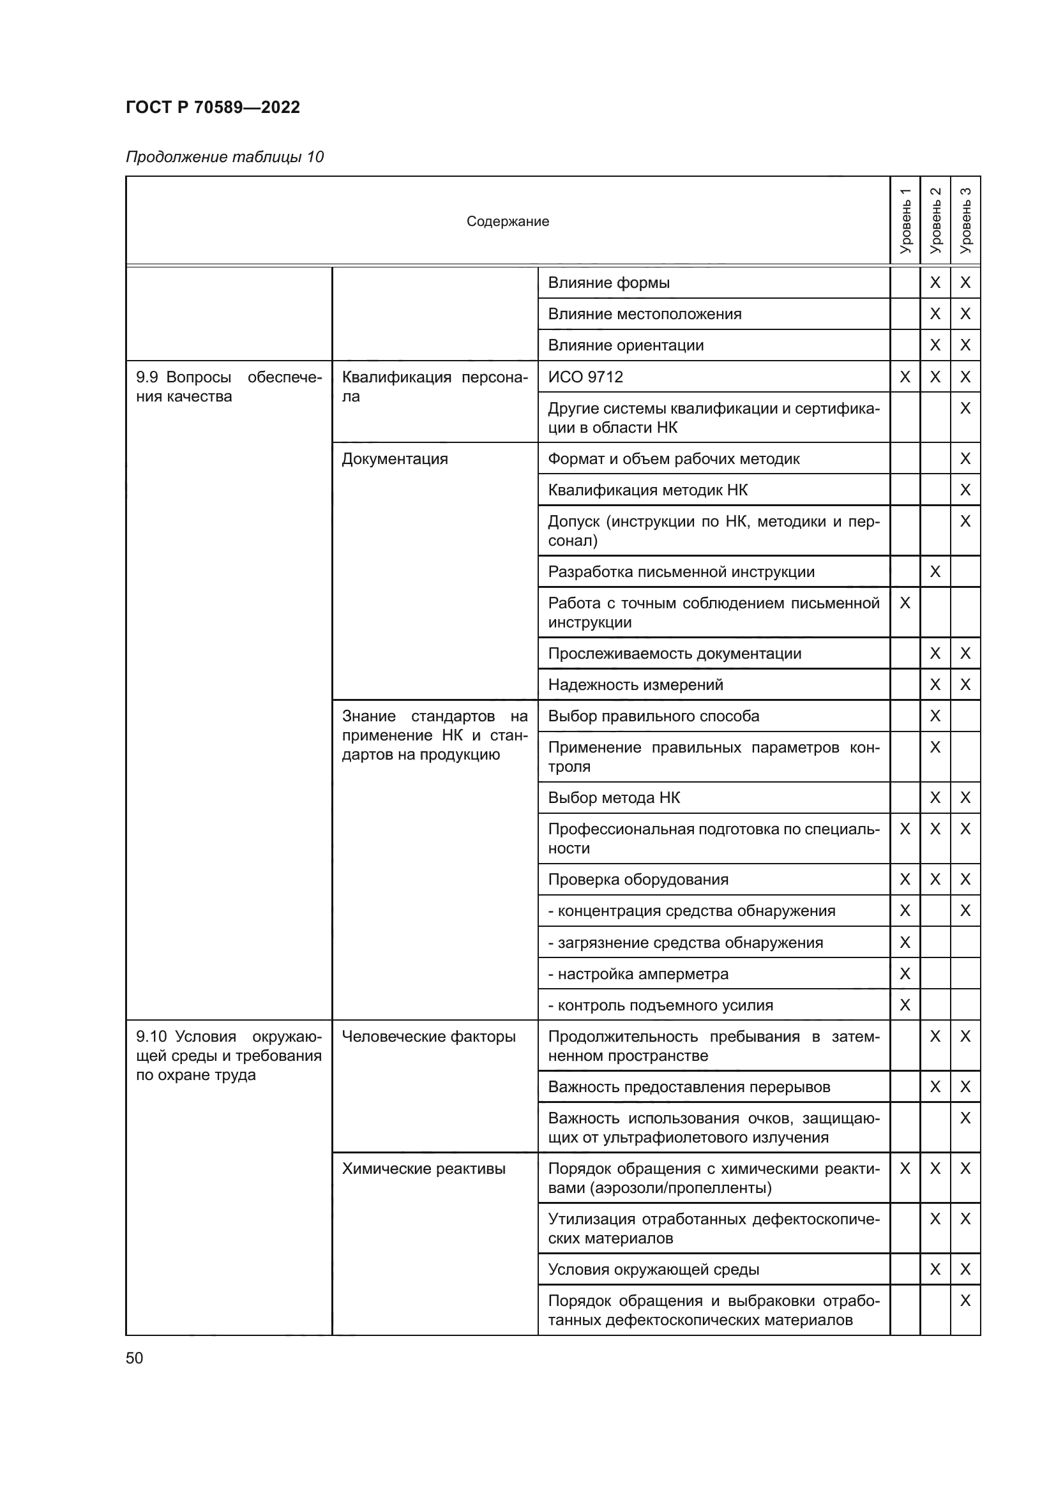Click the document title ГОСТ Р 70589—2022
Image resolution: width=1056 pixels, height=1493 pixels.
(x=213, y=107)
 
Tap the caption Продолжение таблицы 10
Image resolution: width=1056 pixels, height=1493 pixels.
(x=224, y=157)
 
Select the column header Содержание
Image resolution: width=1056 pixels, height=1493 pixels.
(x=507, y=221)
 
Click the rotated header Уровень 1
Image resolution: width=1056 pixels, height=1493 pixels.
(x=905, y=221)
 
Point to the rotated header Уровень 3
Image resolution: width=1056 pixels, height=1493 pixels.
(x=965, y=221)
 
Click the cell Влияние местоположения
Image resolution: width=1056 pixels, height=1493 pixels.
(x=644, y=314)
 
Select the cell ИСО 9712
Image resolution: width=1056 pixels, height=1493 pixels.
(x=585, y=377)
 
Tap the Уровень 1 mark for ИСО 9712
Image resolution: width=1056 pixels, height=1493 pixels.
(x=905, y=377)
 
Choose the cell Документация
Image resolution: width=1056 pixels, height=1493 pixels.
(x=395, y=459)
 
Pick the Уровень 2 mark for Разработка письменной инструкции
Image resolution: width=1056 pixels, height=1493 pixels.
(x=935, y=571)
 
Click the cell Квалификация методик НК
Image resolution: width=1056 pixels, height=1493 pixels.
(x=647, y=490)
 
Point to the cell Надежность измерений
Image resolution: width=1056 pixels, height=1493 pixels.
(x=635, y=685)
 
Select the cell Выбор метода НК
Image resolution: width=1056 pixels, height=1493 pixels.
(x=614, y=798)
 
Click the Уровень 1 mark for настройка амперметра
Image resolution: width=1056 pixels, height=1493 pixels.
(x=905, y=974)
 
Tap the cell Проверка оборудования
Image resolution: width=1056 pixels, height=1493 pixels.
(x=638, y=880)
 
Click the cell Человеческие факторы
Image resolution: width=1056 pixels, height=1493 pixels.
(x=428, y=1037)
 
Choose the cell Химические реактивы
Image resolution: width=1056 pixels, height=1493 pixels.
(x=423, y=1169)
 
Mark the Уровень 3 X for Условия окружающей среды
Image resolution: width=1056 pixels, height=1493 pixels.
(x=965, y=1270)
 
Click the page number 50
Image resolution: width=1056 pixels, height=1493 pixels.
(x=135, y=1358)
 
